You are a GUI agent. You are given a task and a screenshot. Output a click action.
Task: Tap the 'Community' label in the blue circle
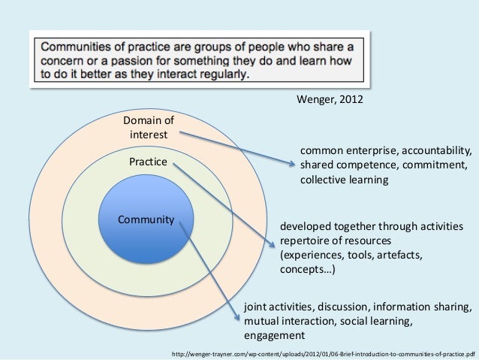point(145,220)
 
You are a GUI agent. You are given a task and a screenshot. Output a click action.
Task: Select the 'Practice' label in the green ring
point(147,162)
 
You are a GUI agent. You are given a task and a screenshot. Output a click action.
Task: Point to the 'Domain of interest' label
point(148,127)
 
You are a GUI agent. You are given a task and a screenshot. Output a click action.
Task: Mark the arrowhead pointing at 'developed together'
point(273,242)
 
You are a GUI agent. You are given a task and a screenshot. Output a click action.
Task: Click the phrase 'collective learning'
point(344,180)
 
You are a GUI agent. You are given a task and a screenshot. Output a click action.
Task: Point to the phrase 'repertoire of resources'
point(336,241)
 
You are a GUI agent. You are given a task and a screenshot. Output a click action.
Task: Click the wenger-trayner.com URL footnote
point(324,352)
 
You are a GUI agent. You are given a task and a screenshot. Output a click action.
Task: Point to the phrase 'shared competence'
point(345,165)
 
